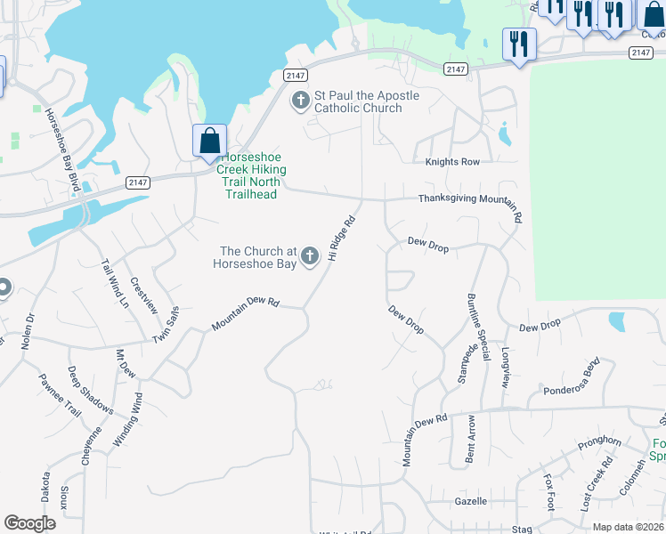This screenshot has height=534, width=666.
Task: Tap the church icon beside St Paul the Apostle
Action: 301,101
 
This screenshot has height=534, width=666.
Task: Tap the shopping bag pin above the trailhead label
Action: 209,142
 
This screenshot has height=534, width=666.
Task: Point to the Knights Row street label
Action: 452,162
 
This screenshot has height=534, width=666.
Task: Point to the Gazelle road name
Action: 470,502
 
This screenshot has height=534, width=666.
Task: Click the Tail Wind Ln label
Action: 115,283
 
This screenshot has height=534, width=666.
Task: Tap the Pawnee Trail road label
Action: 59,395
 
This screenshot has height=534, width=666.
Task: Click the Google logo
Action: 29,523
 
